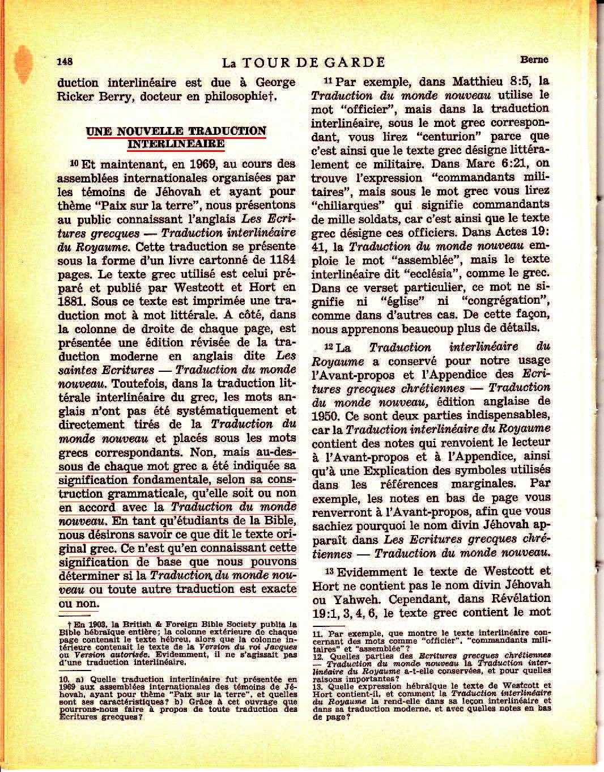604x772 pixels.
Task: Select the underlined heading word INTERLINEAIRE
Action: tap(176, 145)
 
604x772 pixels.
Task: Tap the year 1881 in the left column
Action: tap(70, 302)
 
